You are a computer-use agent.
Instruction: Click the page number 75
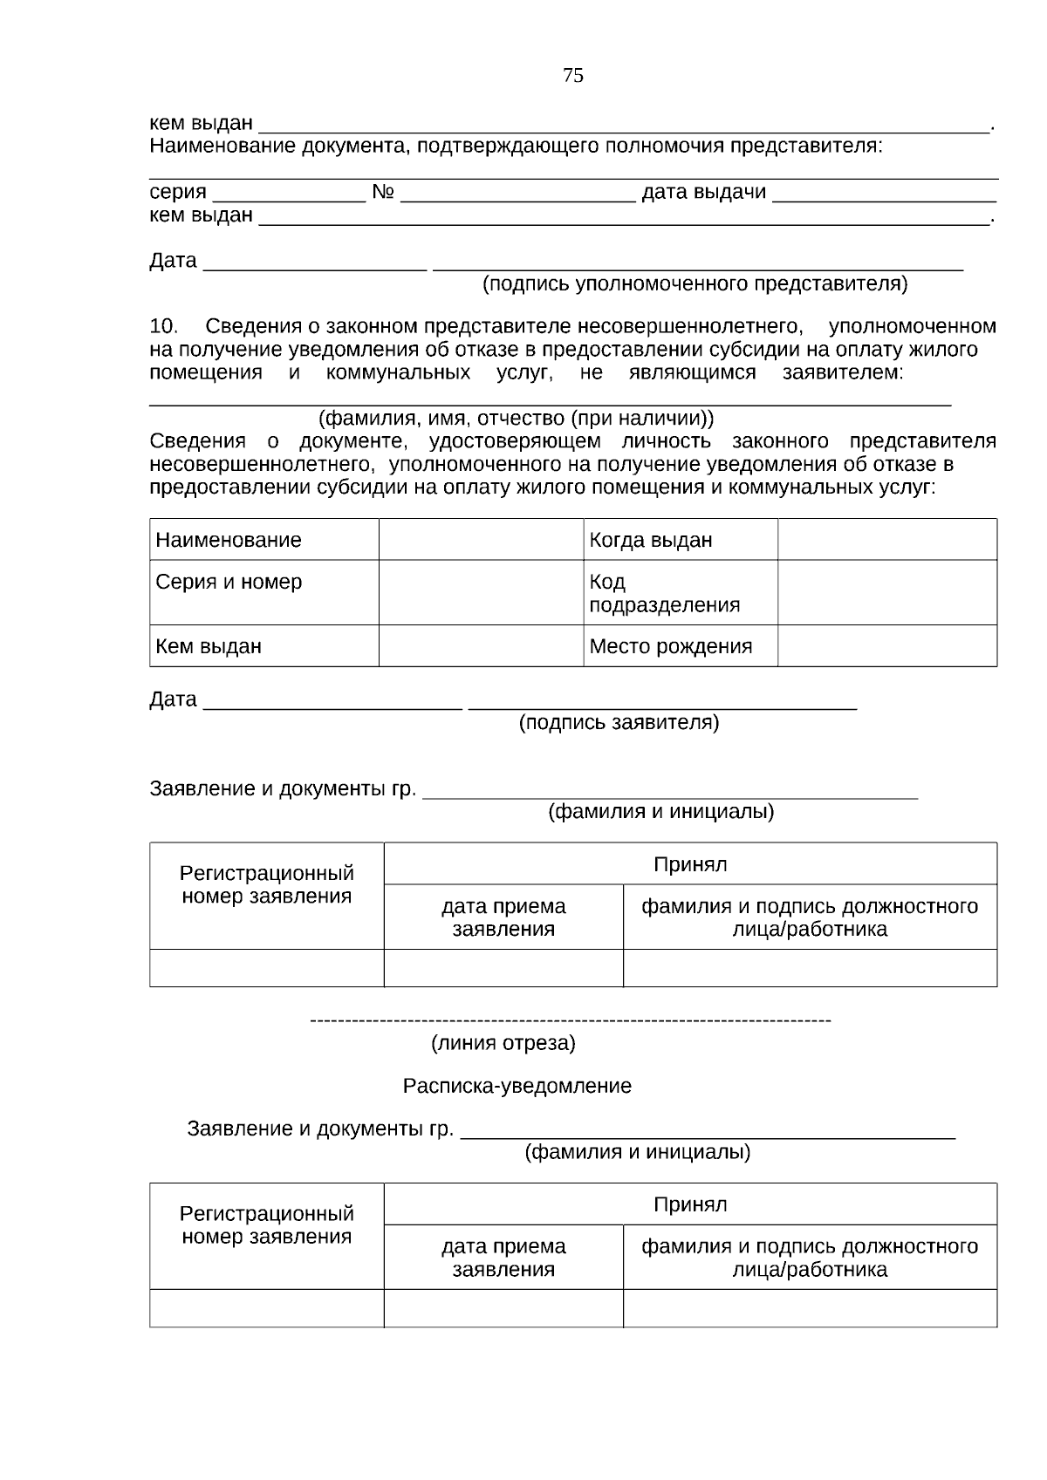tap(573, 76)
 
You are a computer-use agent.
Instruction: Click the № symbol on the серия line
tap(383, 192)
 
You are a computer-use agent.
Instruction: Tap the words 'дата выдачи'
tap(703, 192)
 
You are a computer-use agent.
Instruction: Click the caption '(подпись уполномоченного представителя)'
tap(695, 283)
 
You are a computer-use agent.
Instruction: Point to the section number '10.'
tap(164, 326)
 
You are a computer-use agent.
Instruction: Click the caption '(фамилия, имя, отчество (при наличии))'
tap(516, 418)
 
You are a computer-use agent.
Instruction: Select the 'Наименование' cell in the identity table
tap(229, 540)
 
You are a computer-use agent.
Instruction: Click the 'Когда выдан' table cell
tap(651, 540)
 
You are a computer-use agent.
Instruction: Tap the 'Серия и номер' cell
tap(229, 582)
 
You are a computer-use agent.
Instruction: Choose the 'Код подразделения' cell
tap(664, 593)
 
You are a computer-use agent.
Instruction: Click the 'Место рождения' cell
tap(671, 646)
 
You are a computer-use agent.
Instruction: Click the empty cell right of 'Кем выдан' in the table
tap(481, 646)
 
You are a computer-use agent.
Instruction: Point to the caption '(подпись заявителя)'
tap(619, 722)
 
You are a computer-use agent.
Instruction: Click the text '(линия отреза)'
tap(503, 1043)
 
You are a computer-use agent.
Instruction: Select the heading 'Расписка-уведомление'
tap(517, 1087)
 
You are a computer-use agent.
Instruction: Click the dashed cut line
tap(571, 1020)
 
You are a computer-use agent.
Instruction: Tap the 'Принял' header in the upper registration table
tap(690, 864)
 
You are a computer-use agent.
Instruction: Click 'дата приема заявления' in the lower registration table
tap(503, 1258)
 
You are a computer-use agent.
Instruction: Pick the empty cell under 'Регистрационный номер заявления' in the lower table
tap(266, 1308)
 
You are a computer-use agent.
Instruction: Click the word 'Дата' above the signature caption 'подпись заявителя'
tap(173, 699)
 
